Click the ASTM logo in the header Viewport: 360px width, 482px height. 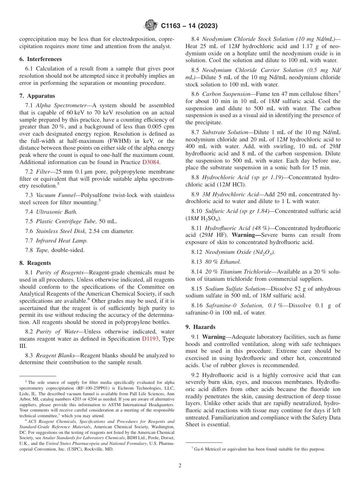tap(151, 26)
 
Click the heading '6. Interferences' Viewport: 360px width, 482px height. tap(41, 59)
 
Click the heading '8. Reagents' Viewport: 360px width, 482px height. tap(35, 263)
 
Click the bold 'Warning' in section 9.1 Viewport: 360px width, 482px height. tap(214, 336)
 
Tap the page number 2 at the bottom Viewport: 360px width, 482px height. tap(180, 466)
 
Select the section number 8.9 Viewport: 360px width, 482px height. tap(196, 194)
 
